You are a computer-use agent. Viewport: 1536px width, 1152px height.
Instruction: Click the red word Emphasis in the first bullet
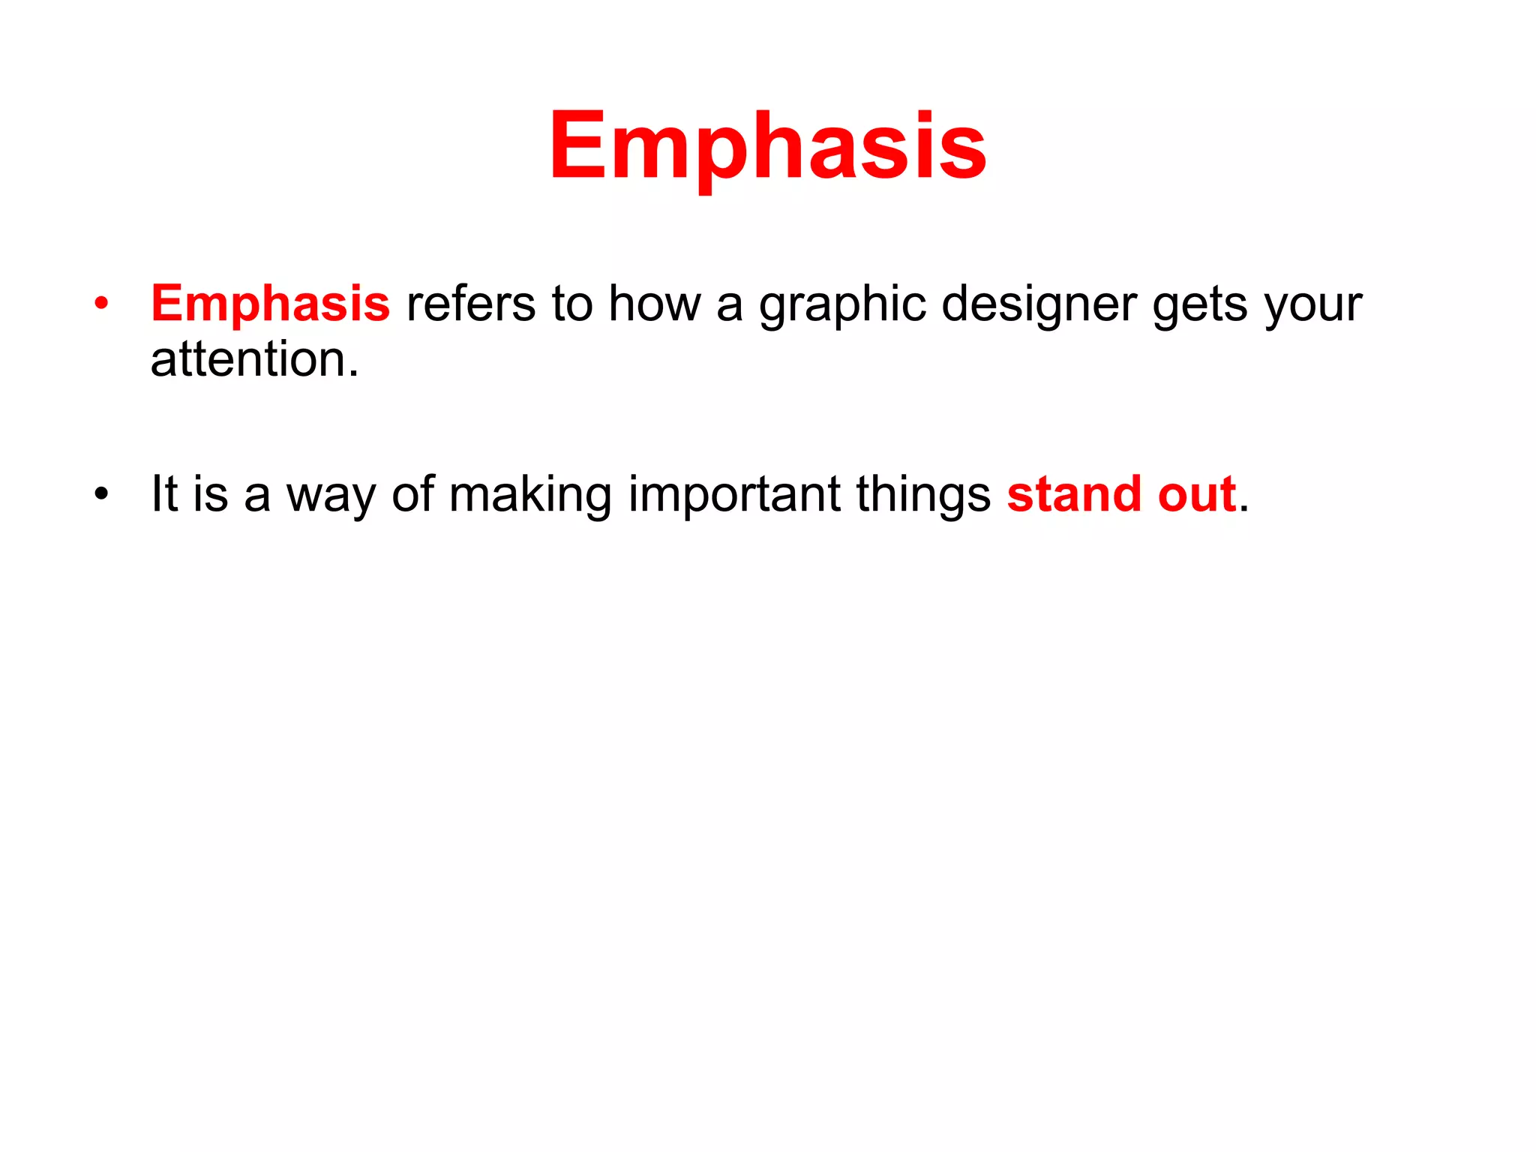coord(270,304)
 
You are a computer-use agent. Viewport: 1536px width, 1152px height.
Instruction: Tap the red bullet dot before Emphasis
coord(101,304)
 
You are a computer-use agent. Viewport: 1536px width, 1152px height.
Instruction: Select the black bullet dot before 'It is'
coord(101,494)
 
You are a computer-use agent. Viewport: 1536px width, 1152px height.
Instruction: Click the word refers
coord(471,304)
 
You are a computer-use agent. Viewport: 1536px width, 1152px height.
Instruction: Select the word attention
coord(247,359)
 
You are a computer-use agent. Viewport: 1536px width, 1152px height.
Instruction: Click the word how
coord(653,304)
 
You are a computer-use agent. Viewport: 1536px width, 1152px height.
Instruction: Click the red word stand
coord(1074,494)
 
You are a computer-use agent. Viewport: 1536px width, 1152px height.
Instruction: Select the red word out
coord(1196,495)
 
